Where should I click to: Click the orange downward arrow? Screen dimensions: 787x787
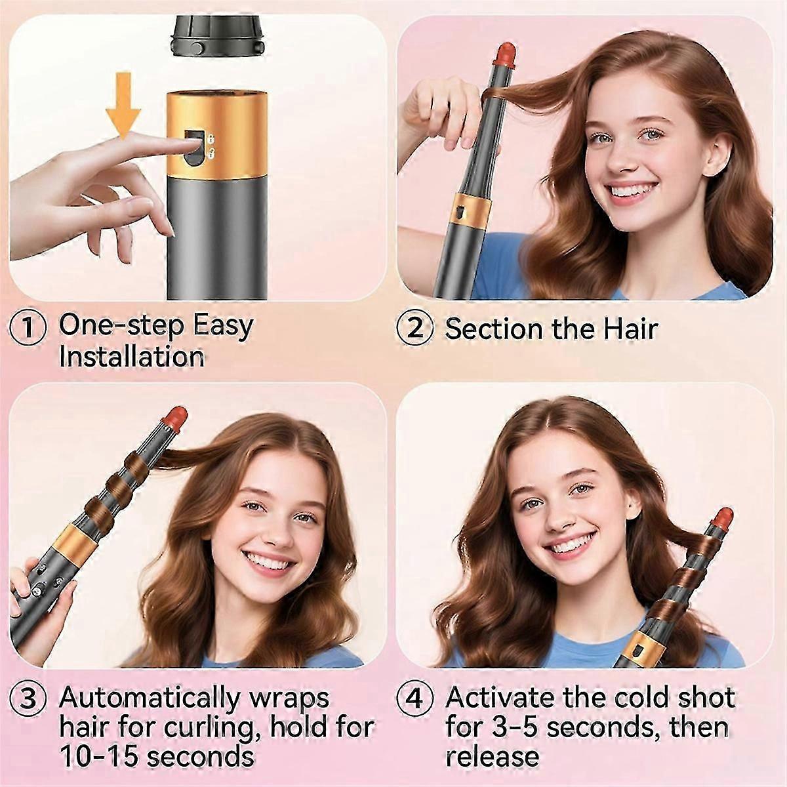[x=123, y=106]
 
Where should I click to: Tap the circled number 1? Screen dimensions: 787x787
[x=28, y=327]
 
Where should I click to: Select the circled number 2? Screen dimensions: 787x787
[x=414, y=329]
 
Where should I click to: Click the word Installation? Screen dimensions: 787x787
[x=132, y=357]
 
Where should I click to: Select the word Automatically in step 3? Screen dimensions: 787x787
[x=150, y=698]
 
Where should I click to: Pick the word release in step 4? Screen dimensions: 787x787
[x=492, y=756]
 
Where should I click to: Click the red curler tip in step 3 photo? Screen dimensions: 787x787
[x=175, y=419]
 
